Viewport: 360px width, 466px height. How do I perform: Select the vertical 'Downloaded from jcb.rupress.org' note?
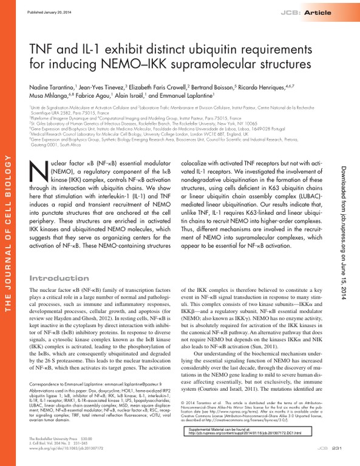pos(348,225)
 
